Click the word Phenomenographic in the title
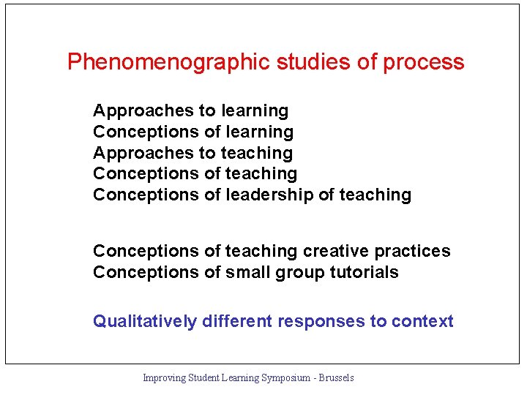169,62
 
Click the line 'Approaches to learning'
190,111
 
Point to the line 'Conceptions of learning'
193,132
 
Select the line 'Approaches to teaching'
193,154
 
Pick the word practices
413,252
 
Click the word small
248,273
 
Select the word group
299,273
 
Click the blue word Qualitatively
145,322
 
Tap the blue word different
239,322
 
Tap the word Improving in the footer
164,378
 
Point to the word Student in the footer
204,378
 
